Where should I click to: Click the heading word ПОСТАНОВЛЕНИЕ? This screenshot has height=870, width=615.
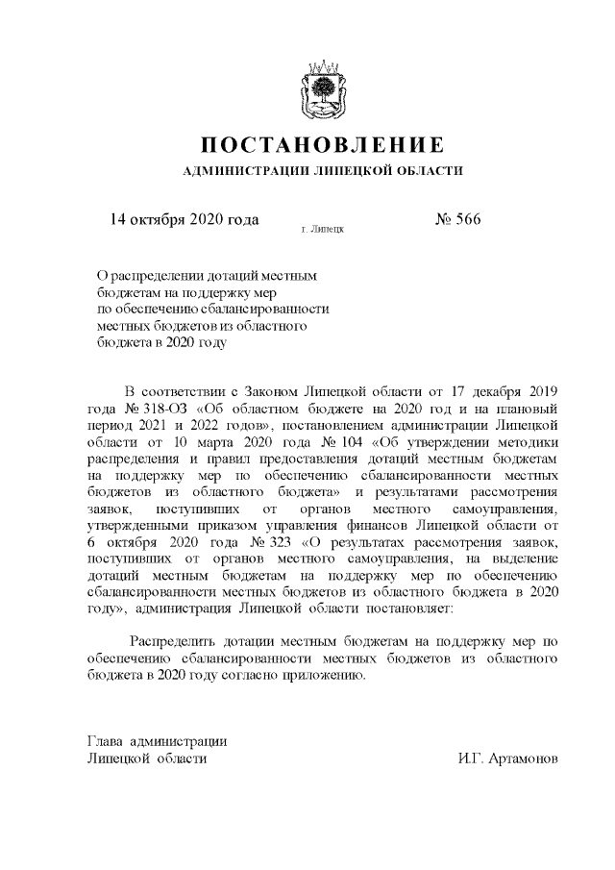pos(322,145)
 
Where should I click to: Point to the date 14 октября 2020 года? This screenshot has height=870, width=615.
pos(185,219)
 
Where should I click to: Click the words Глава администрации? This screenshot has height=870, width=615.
pos(157,741)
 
